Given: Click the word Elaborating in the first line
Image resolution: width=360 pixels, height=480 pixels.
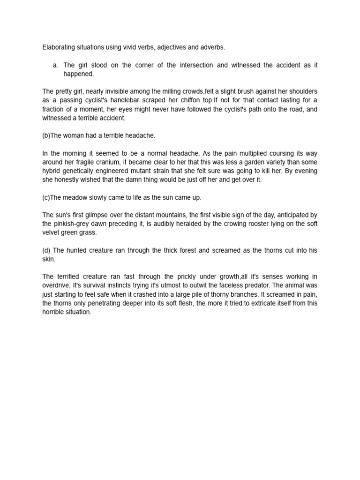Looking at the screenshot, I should pyautogui.click(x=58, y=47).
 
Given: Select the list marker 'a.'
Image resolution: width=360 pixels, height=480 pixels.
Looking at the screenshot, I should pyautogui.click(x=57, y=65).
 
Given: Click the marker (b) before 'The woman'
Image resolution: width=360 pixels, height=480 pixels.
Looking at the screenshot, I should pyautogui.click(x=46, y=135).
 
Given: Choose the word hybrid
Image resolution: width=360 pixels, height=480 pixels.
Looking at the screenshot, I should pyautogui.click(x=51, y=171).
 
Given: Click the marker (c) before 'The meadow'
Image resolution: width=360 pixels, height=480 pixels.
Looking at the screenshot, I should pyautogui.click(x=46, y=197).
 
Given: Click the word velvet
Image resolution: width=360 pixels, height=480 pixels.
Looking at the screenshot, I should pyautogui.click(x=51, y=233).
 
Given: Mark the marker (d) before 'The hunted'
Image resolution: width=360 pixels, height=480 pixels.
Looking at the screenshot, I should pyautogui.click(x=46, y=250).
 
